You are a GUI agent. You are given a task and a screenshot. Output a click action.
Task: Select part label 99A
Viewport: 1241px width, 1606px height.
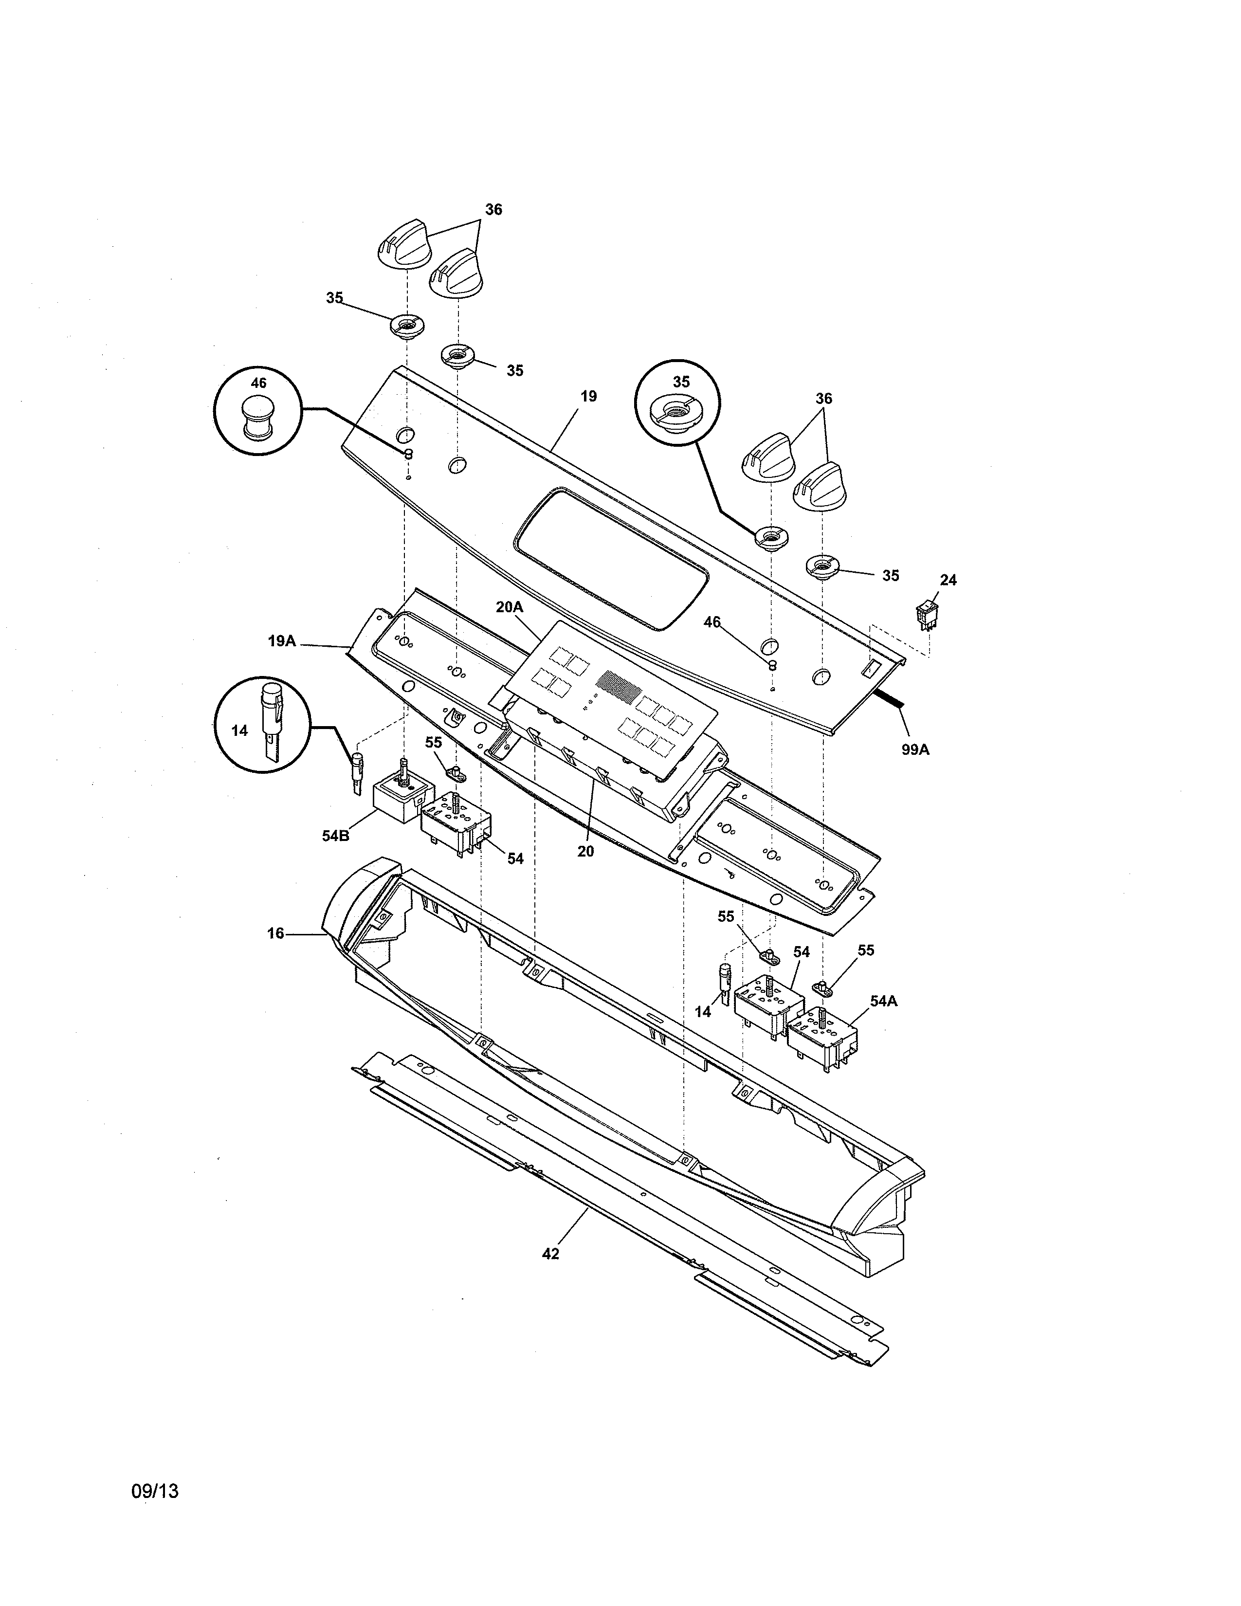(915, 749)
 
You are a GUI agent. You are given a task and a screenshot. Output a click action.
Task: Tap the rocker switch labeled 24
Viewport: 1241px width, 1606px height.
(926, 616)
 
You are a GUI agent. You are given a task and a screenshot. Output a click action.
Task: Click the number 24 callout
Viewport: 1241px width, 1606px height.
(949, 580)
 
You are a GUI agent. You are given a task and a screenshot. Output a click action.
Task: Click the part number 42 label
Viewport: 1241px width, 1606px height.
(550, 1254)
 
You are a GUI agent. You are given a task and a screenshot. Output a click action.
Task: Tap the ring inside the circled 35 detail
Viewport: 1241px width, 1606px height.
(676, 412)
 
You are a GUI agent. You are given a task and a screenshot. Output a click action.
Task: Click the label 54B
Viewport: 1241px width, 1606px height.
(335, 836)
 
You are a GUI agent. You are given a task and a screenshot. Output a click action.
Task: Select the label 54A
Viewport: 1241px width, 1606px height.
(884, 1002)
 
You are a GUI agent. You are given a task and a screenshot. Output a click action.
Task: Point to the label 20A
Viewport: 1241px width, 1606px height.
(509, 607)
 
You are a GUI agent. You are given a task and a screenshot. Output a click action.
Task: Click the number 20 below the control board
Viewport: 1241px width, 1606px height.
(585, 852)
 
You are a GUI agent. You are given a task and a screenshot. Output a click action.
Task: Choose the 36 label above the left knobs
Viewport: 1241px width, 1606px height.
(493, 210)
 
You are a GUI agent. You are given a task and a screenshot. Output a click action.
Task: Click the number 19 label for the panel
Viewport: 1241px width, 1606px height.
(588, 396)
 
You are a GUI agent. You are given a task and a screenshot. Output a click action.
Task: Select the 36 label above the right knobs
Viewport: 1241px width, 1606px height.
(823, 399)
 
